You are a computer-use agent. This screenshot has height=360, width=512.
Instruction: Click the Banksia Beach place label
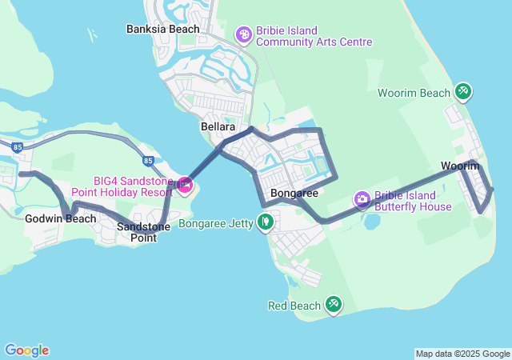coord(163,30)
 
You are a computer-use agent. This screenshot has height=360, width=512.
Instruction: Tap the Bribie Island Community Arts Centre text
coord(314,35)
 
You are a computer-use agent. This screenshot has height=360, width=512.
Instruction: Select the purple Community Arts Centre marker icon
coord(243,35)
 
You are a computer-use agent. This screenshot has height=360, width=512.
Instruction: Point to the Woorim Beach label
coord(414,93)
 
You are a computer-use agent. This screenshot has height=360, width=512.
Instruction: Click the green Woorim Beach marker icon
coord(463,92)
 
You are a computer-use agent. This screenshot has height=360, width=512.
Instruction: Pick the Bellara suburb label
coord(218,127)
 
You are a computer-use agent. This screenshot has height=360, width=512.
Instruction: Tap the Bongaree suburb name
coord(294,193)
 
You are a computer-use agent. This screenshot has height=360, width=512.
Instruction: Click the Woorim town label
coord(460,166)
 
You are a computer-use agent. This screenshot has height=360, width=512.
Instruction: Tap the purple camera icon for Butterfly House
coord(362,198)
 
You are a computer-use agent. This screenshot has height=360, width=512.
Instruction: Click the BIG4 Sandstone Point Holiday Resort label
coord(122,186)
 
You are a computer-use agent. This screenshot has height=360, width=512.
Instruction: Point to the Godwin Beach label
coord(60,218)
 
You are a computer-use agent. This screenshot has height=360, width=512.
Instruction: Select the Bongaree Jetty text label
coord(214,223)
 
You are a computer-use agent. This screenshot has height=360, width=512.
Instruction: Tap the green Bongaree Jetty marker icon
coord(266,222)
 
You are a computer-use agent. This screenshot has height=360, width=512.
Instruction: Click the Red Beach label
coord(294,306)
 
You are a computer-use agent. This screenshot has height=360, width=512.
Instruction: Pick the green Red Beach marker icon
coord(334,304)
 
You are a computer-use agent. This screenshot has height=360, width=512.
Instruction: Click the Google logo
coord(26,350)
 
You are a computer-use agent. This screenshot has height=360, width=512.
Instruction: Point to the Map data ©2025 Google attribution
coord(462,354)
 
